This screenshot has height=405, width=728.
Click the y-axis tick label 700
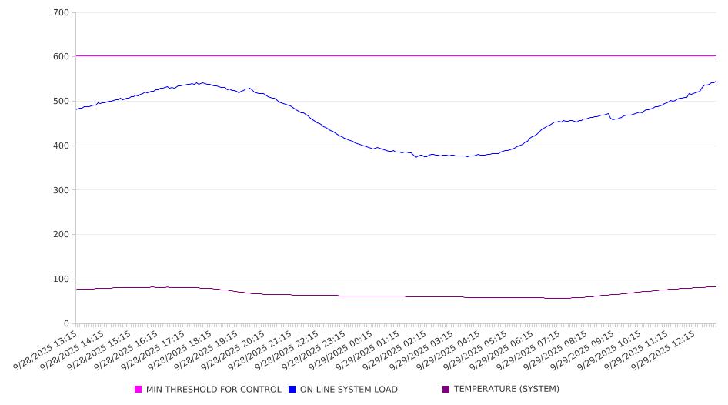point(61,13)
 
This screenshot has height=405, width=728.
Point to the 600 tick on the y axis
point(61,57)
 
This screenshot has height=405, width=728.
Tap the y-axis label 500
point(61,102)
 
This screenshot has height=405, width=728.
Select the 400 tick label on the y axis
point(61,146)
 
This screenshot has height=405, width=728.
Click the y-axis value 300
point(61,190)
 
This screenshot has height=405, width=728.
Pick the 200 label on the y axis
point(61,235)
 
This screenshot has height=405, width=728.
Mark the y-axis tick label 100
point(61,279)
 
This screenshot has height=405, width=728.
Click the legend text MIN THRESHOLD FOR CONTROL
point(213,390)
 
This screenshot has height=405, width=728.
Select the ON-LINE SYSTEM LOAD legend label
point(349,390)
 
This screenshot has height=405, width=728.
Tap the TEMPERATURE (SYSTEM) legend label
point(506,390)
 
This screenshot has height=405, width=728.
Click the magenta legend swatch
point(139,390)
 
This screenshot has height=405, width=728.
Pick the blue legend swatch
point(292,390)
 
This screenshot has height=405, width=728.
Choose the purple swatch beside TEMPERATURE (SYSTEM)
point(446,390)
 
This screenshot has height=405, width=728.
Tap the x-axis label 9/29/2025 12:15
point(664,350)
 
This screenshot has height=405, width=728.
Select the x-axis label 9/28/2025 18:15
point(182,350)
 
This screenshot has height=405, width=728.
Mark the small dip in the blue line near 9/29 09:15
point(613,119)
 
